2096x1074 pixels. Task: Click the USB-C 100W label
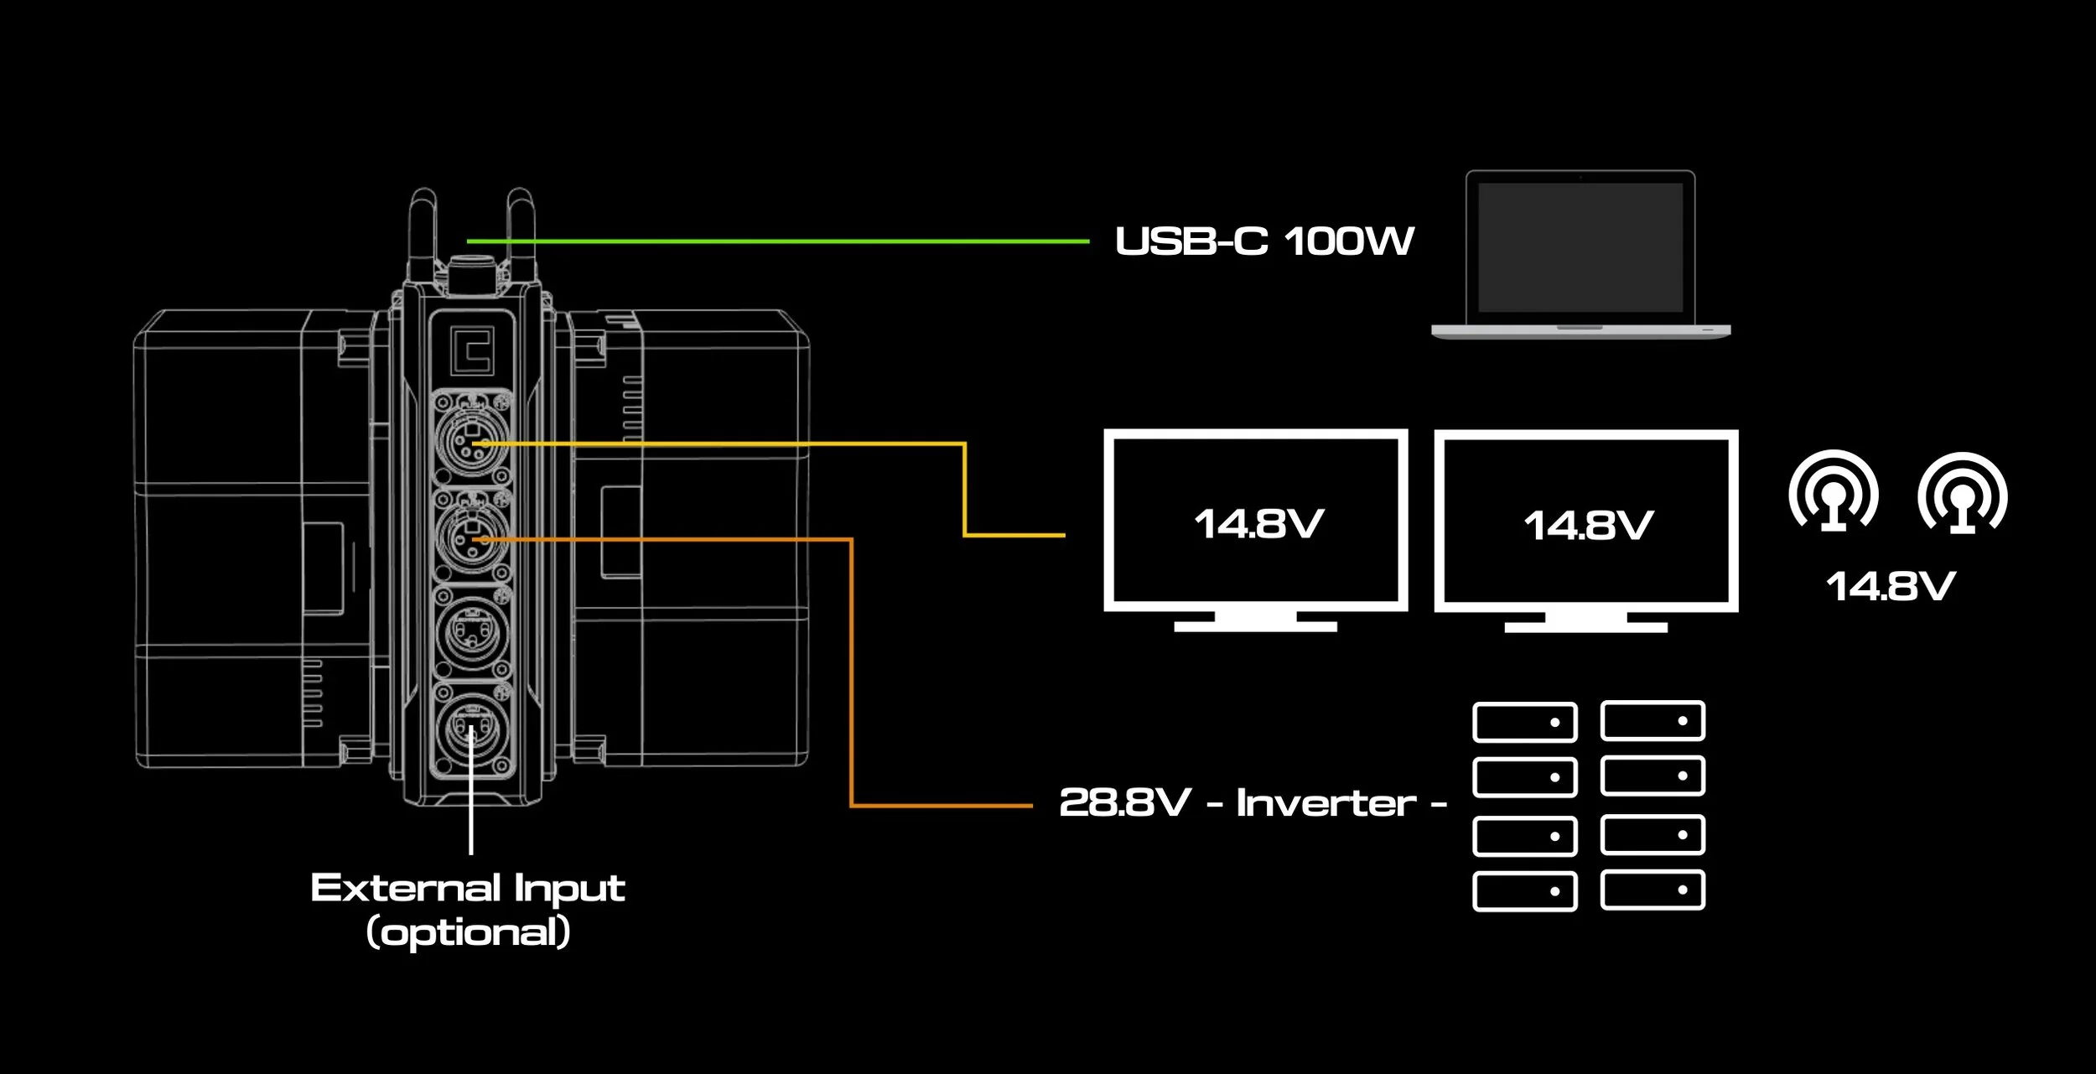tap(1264, 241)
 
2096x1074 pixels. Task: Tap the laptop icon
tap(1580, 255)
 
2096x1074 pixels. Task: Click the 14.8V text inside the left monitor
tap(1258, 524)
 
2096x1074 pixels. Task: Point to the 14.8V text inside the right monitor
tap(1588, 526)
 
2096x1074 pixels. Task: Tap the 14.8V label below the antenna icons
tap(1891, 586)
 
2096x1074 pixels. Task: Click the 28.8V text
tap(1124, 802)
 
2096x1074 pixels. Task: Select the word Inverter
tap(1326, 803)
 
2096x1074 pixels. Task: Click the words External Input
tap(468, 888)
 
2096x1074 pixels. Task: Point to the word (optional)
tap(469, 931)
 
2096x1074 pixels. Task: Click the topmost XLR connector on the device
tap(472, 438)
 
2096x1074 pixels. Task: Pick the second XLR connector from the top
tap(472, 535)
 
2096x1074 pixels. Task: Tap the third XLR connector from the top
tap(472, 630)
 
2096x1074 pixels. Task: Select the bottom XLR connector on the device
tap(472, 726)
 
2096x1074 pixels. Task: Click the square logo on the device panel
tap(471, 350)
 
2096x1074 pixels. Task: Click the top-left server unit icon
tap(1524, 722)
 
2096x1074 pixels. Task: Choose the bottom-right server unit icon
tap(1652, 890)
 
